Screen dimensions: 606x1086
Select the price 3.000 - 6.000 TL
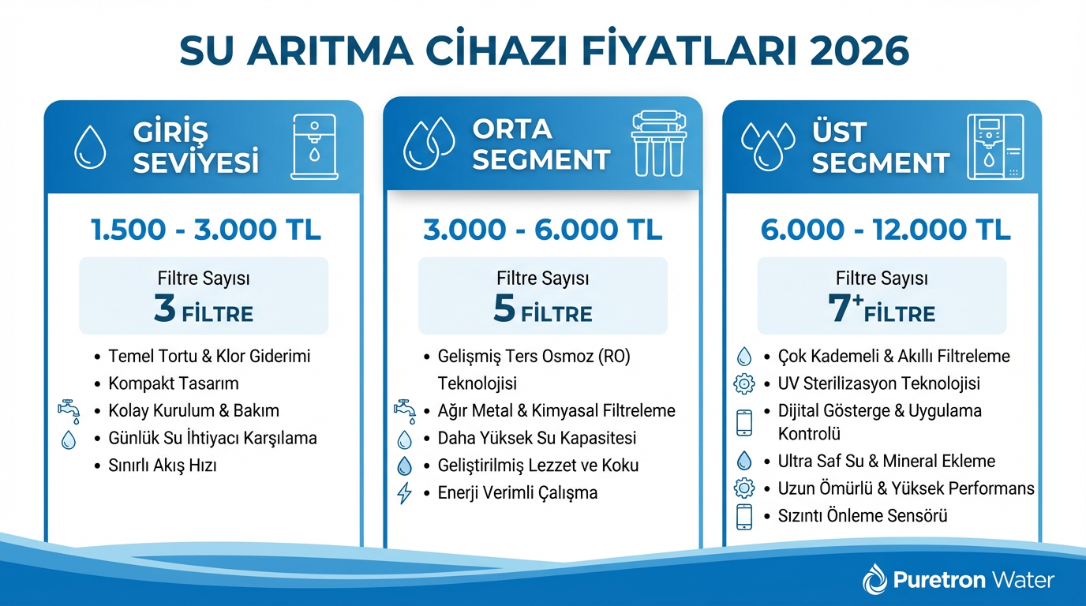(x=542, y=230)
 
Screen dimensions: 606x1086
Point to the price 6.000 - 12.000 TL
(x=886, y=230)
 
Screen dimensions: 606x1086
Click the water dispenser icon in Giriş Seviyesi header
(x=314, y=145)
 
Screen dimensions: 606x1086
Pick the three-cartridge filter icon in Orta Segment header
(x=658, y=143)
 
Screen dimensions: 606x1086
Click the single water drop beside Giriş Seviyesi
(x=89, y=148)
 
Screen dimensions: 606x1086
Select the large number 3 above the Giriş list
(x=165, y=309)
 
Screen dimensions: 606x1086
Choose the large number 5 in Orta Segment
(x=504, y=309)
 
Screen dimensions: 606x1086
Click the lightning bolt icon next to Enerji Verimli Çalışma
(x=404, y=493)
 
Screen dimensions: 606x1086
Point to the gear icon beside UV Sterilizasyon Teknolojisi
(x=743, y=384)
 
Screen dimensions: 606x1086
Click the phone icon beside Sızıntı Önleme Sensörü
(x=743, y=517)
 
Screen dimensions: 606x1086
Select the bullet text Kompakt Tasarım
(x=174, y=383)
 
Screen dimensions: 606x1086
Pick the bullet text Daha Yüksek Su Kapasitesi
(x=537, y=438)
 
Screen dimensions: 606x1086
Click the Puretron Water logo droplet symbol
(x=875, y=580)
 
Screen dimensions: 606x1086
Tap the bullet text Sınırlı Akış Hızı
(x=163, y=466)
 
